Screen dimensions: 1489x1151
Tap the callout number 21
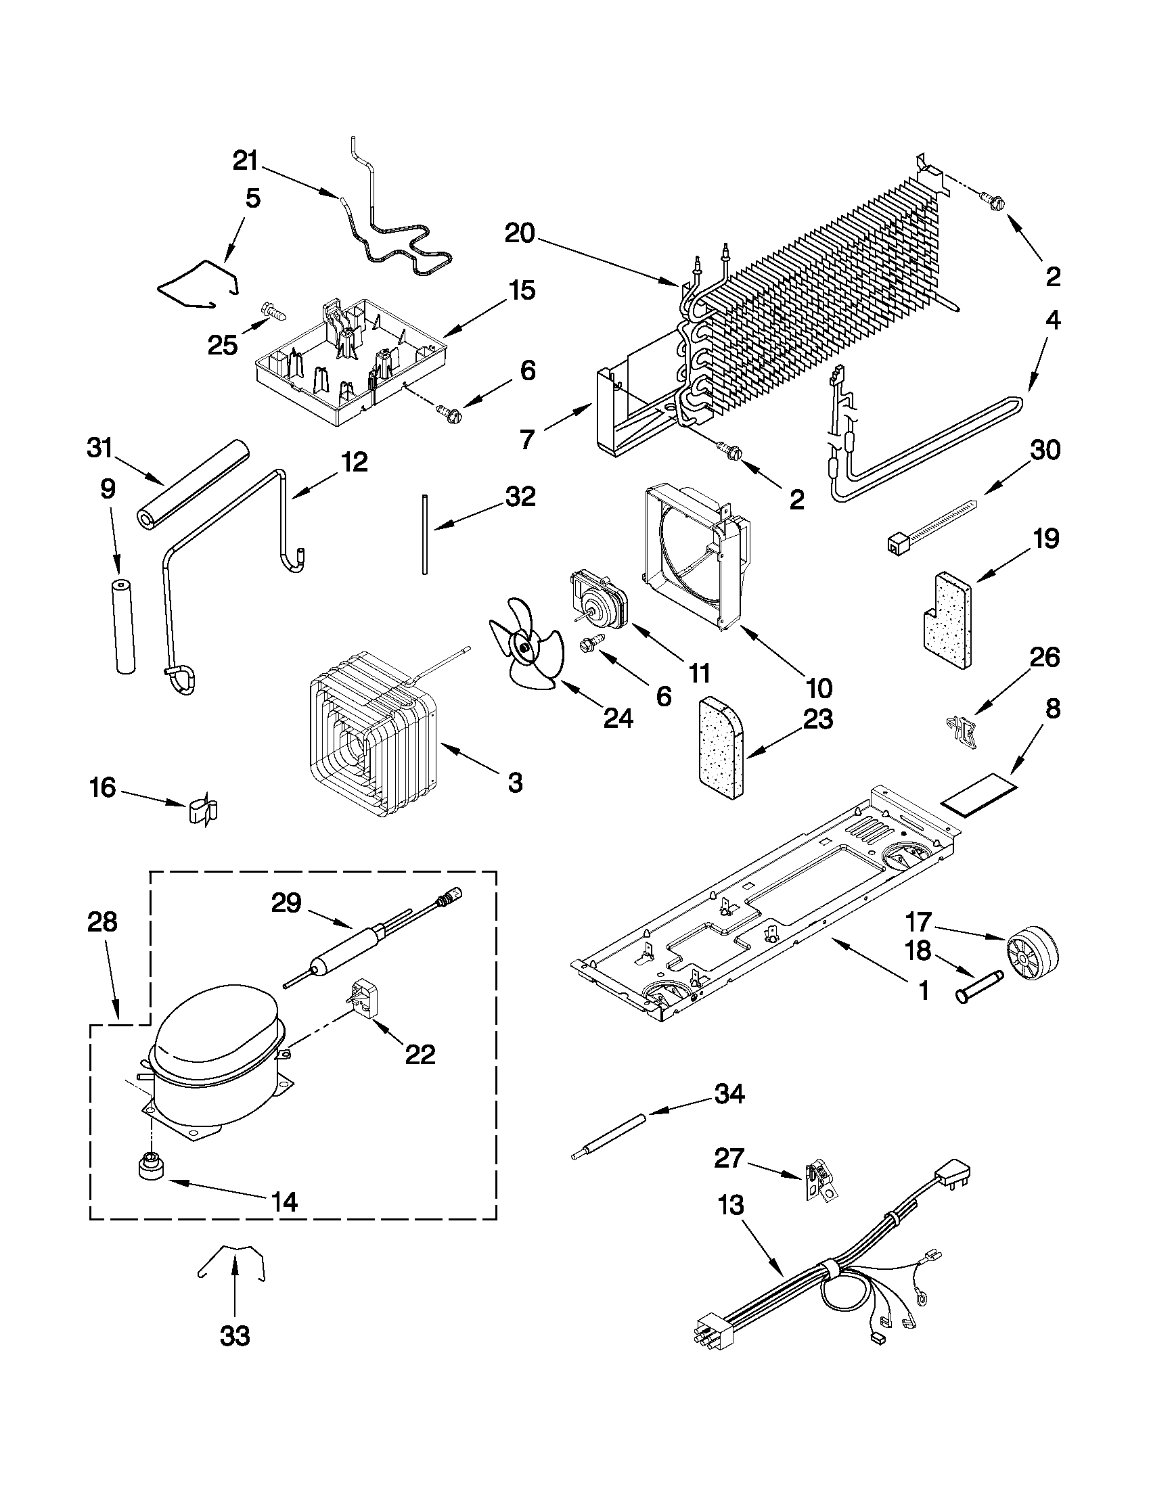[246, 161]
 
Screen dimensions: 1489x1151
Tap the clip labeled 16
[202, 810]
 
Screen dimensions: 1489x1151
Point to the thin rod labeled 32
[425, 536]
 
